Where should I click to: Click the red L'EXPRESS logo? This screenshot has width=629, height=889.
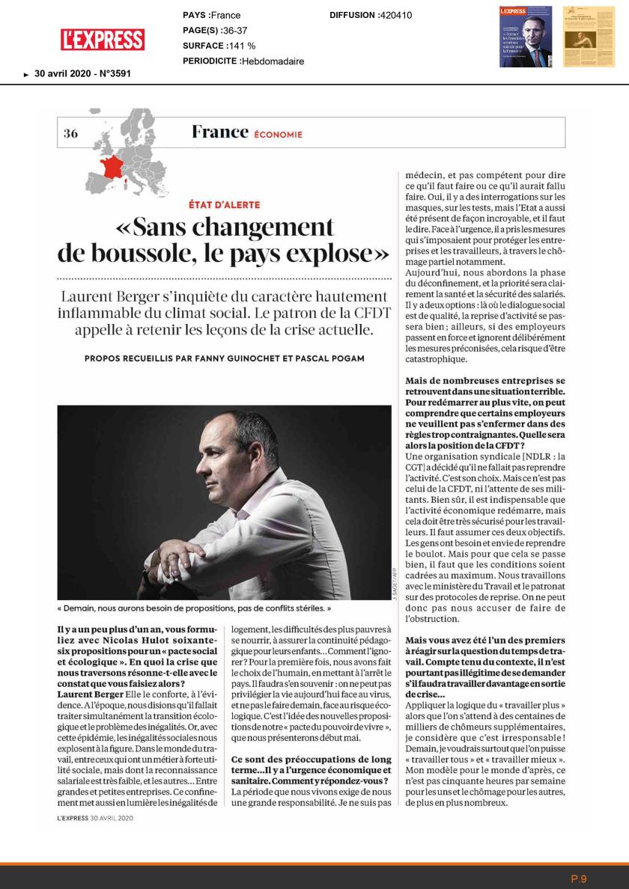click(103, 39)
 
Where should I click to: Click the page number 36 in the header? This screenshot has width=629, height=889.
click(71, 134)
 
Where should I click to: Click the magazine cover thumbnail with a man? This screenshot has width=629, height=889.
click(526, 37)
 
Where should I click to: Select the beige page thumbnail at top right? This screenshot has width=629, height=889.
click(583, 37)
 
